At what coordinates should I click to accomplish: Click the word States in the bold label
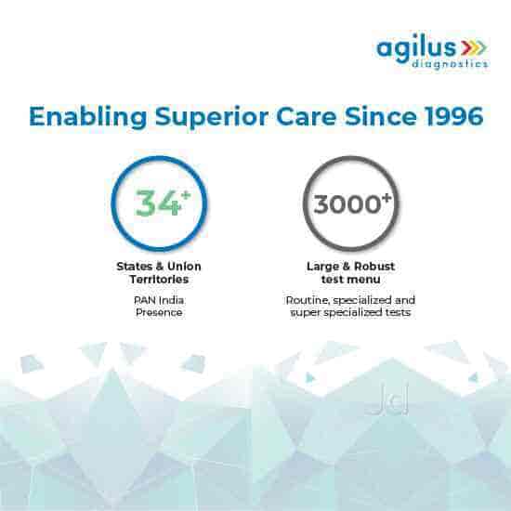pos(133,266)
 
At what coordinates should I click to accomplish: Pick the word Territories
pos(159,279)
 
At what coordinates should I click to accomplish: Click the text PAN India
pos(159,300)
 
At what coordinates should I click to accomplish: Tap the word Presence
pos(159,313)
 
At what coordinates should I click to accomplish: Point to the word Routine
pos(304,300)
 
